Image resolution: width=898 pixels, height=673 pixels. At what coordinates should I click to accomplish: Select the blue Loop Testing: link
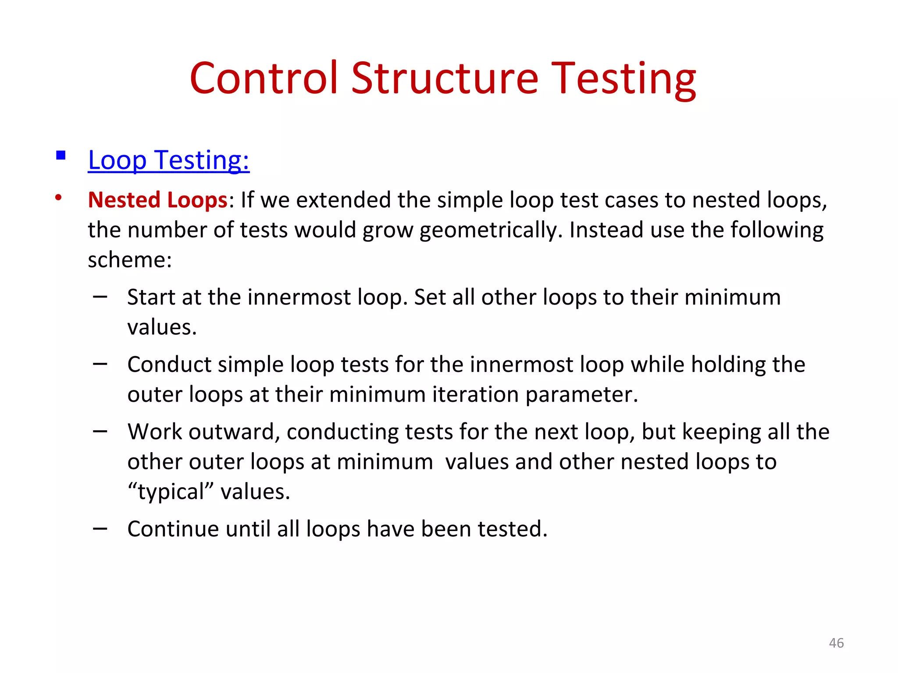pyautogui.click(x=169, y=160)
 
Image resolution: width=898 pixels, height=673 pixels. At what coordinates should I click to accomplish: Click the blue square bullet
pyautogui.click(x=61, y=155)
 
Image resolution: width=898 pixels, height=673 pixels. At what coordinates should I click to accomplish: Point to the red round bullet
pyautogui.click(x=58, y=198)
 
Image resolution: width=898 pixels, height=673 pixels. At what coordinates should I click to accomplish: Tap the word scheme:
pyautogui.click(x=130, y=259)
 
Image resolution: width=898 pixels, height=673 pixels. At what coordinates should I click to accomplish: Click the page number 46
pyautogui.click(x=836, y=643)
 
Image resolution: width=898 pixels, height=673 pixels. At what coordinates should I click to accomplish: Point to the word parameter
pyautogui.click(x=581, y=394)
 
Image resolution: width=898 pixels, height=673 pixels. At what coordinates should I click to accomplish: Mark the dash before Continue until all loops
pyautogui.click(x=100, y=529)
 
